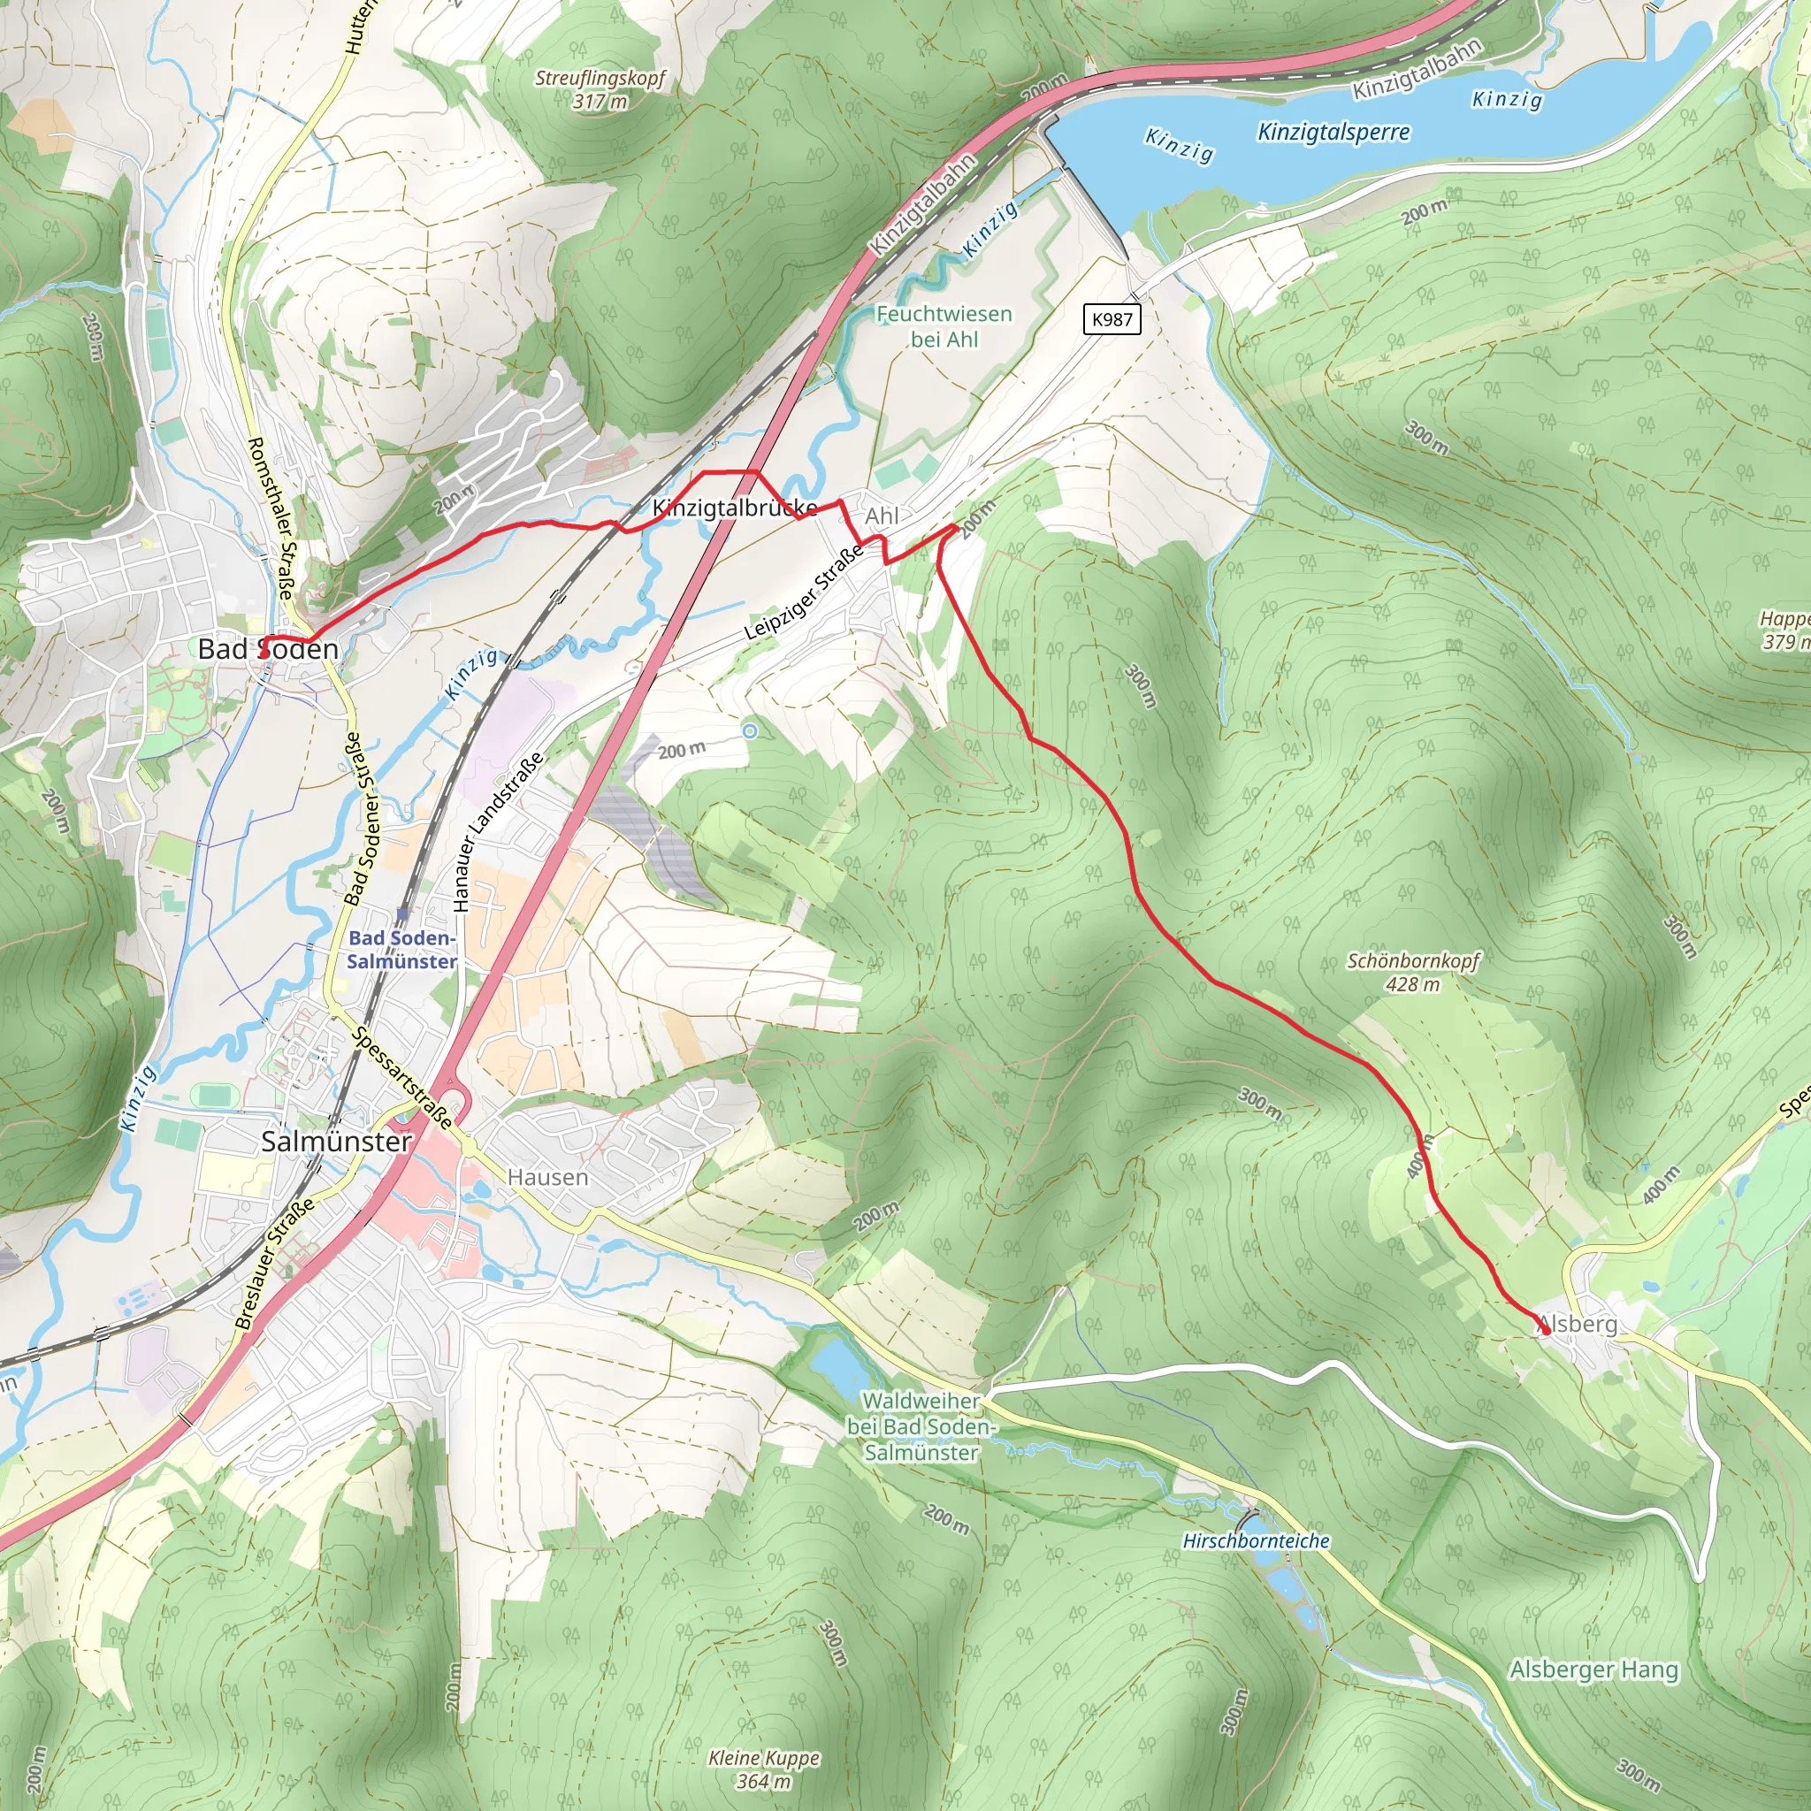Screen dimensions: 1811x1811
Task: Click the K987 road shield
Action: click(1112, 318)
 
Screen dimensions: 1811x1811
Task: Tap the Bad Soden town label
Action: click(268, 649)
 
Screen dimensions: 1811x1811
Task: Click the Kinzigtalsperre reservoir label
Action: click(1333, 132)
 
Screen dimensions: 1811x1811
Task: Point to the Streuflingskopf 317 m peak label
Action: click(600, 89)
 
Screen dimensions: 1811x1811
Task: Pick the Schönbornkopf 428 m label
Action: click(1414, 972)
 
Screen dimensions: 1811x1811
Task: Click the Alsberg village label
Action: click(1578, 1324)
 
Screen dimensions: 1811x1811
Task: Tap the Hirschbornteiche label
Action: click(1256, 1541)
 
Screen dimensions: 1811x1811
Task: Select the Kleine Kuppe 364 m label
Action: click(764, 1769)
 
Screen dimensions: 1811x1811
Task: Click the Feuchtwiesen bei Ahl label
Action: click(944, 326)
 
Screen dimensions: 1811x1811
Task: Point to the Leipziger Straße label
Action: click(805, 592)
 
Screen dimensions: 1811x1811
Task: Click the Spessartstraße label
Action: click(403, 1077)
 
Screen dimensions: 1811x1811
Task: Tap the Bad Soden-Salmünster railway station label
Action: click(402, 950)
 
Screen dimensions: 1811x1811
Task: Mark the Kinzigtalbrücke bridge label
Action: click(735, 508)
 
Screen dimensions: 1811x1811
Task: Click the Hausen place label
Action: click(547, 1176)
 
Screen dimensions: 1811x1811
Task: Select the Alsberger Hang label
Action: click(1593, 1669)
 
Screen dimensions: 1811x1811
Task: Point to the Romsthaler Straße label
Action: click(271, 517)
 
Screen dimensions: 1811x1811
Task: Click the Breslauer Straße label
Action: click(274, 1264)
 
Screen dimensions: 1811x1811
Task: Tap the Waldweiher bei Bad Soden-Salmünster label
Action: click(921, 1425)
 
